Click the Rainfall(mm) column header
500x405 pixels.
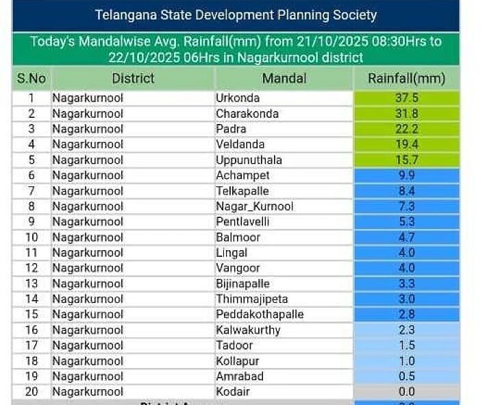(x=406, y=79)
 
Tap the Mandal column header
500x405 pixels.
(x=284, y=79)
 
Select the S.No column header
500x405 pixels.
(x=32, y=79)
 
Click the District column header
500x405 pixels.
(x=133, y=79)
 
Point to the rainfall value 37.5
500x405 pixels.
(x=407, y=98)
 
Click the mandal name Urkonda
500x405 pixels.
(x=238, y=98)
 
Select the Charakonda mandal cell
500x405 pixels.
(x=247, y=114)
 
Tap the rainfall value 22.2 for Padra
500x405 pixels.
(x=407, y=129)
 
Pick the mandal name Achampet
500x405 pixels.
(x=242, y=175)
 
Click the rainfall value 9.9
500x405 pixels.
(x=407, y=175)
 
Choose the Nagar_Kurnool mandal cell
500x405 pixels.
(x=254, y=206)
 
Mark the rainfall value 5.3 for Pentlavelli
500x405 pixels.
(x=407, y=222)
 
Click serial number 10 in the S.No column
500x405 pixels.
(x=32, y=238)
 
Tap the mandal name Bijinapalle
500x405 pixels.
(x=242, y=284)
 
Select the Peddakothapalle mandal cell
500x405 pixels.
(x=260, y=315)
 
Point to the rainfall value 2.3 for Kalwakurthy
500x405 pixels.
(x=407, y=330)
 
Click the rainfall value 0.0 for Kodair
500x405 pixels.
(x=407, y=392)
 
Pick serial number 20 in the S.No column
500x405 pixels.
(x=32, y=392)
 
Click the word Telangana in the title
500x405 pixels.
(x=125, y=15)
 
